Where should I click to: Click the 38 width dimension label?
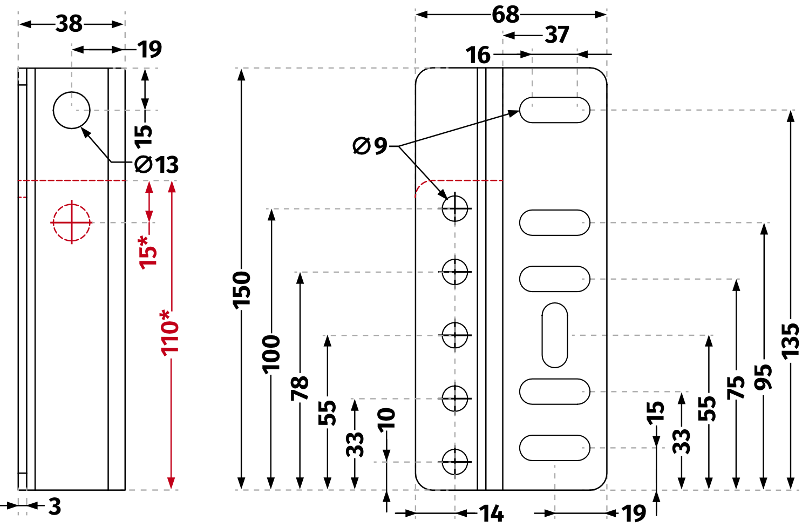69,24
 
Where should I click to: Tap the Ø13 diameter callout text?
157,165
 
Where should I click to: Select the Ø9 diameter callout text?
370,146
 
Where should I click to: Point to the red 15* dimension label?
148,252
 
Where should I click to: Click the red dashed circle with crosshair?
71,222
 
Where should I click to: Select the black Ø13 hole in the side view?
72,110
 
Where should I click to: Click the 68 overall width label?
505,15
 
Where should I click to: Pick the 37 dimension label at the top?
556,35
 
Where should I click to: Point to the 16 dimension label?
478,55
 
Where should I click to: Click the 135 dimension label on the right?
790,341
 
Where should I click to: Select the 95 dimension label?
763,377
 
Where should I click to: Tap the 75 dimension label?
736,388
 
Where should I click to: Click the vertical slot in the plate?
555,335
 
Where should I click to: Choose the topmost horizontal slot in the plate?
555,110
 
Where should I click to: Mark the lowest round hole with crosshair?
455,462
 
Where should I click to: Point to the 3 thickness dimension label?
55,506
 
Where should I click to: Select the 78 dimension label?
300,388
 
